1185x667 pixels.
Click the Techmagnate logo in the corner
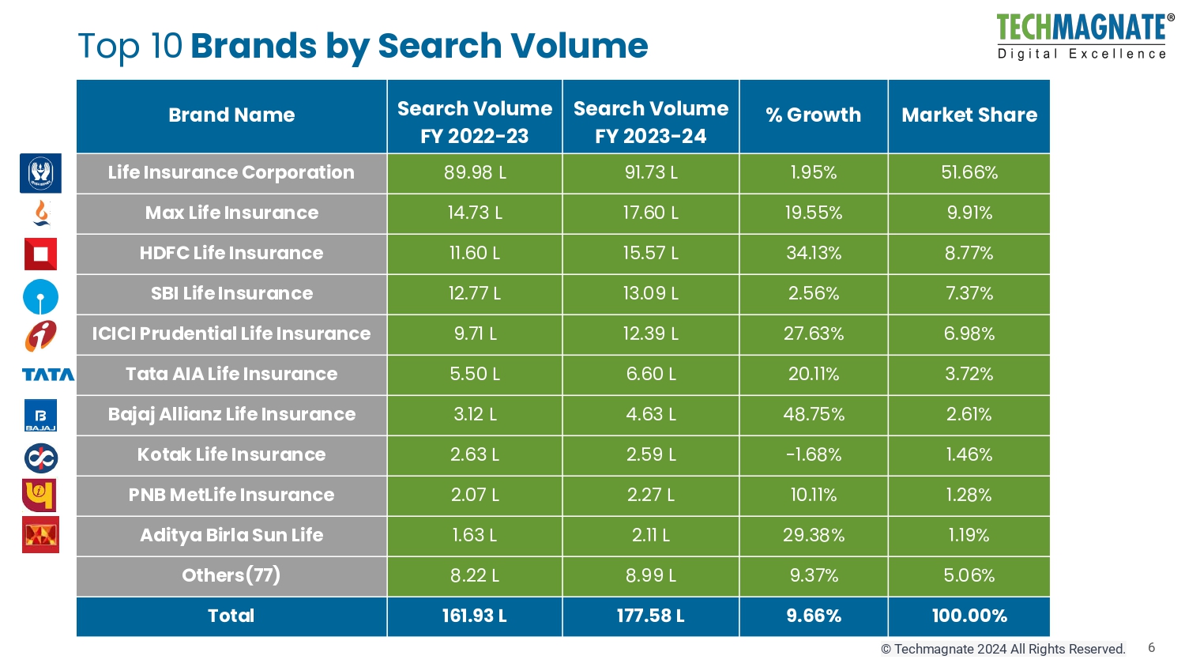[1083, 36]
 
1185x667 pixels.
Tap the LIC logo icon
[40, 173]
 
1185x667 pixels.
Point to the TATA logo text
[47, 375]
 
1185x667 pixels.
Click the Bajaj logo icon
[40, 416]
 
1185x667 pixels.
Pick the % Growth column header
[813, 115]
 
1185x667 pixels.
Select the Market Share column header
[969, 115]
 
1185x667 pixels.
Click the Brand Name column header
[231, 115]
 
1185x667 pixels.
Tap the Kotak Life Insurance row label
[231, 455]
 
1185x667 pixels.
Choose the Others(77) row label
[231, 576]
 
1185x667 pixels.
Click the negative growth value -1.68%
[813, 455]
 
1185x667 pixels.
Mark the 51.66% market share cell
[969, 173]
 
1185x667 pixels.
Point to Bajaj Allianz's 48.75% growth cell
[813, 415]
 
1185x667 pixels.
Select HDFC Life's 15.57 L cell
[650, 254]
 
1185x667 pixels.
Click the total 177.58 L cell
[650, 616]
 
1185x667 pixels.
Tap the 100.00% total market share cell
[969, 616]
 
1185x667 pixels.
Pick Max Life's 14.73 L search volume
[474, 213]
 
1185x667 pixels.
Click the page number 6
[1151, 648]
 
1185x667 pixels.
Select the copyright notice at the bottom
[1003, 650]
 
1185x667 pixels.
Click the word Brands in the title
[253, 46]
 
